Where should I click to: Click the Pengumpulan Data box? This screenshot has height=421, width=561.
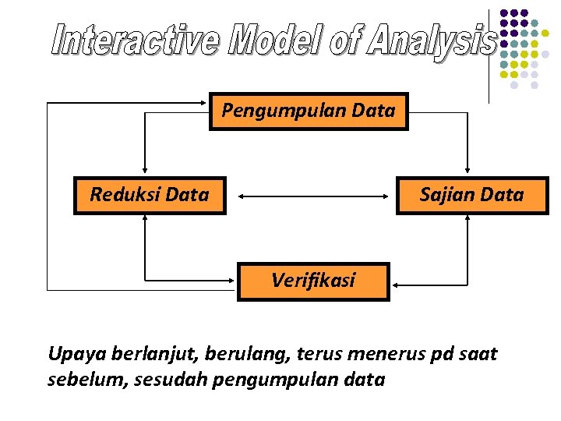[x=309, y=111]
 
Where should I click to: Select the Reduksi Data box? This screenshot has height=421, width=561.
[x=149, y=195]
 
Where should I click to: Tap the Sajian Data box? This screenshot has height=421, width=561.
[x=471, y=195]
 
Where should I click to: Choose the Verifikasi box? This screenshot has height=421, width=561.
[x=312, y=281]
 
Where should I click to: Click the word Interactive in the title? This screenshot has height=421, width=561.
[x=136, y=41]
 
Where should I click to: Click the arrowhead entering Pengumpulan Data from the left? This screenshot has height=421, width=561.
[x=204, y=102]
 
